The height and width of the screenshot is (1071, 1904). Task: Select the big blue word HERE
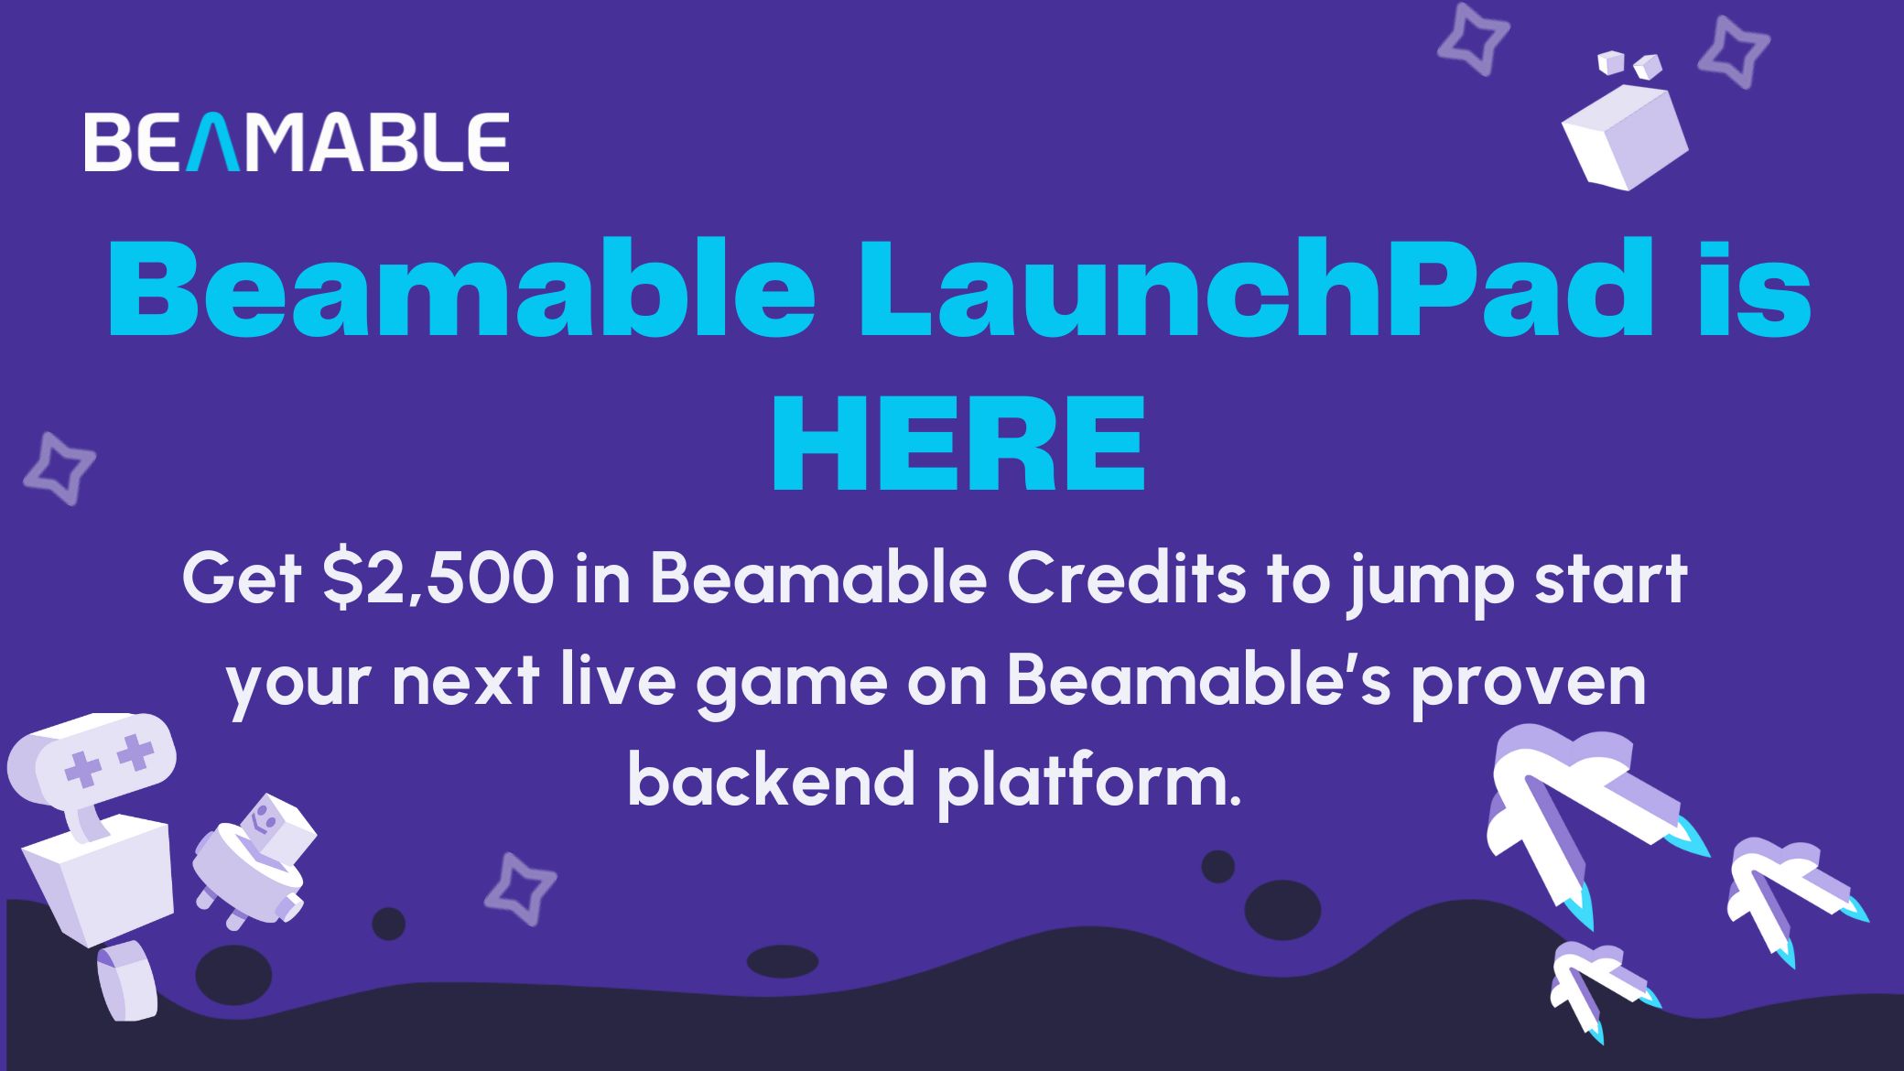click(958, 444)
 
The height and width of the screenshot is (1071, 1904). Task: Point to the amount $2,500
click(438, 579)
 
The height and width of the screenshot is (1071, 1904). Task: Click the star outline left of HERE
click(59, 468)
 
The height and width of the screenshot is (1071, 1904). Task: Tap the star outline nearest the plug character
click(520, 888)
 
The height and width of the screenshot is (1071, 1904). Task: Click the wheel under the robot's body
click(128, 982)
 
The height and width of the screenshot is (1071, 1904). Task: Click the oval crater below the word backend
click(782, 961)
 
